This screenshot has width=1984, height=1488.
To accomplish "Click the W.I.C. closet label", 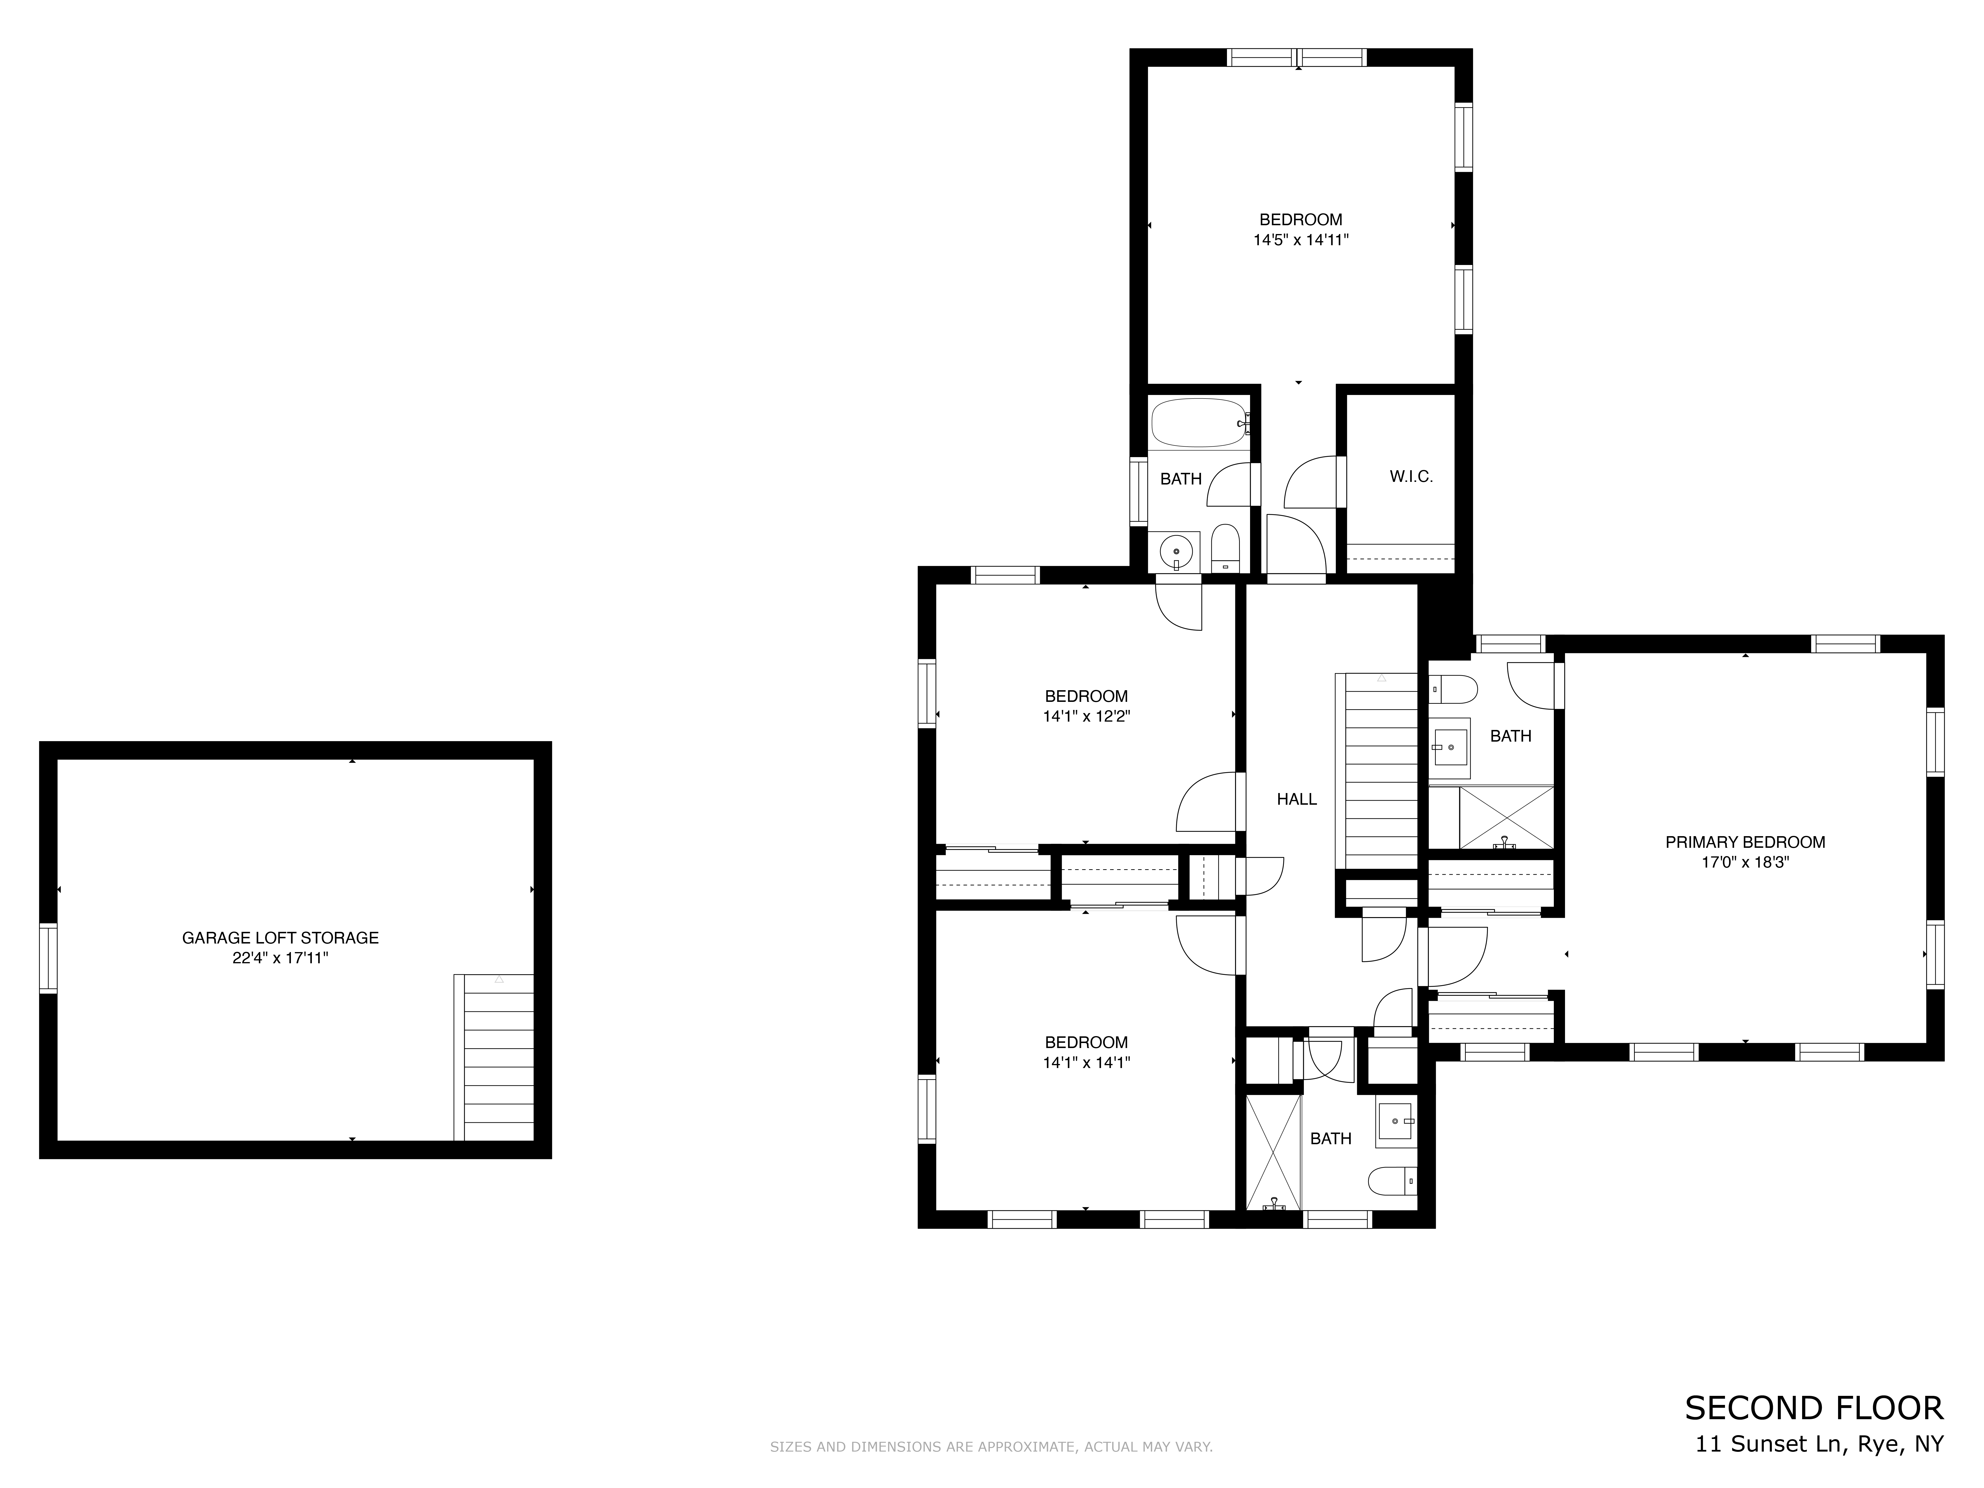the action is [1411, 477].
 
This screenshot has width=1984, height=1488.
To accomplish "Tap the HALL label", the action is [1297, 799].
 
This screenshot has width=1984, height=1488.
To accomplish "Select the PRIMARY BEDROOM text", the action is [1745, 842].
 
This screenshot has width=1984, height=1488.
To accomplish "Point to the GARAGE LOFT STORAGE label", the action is [281, 938].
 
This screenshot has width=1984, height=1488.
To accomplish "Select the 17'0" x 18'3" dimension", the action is [1745, 863].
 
